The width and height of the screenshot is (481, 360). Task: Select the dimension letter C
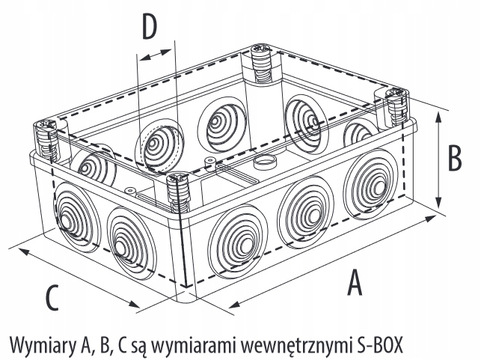[51, 297]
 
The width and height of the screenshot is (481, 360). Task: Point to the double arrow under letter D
[156, 56]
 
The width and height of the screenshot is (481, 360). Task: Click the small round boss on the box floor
[263, 161]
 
